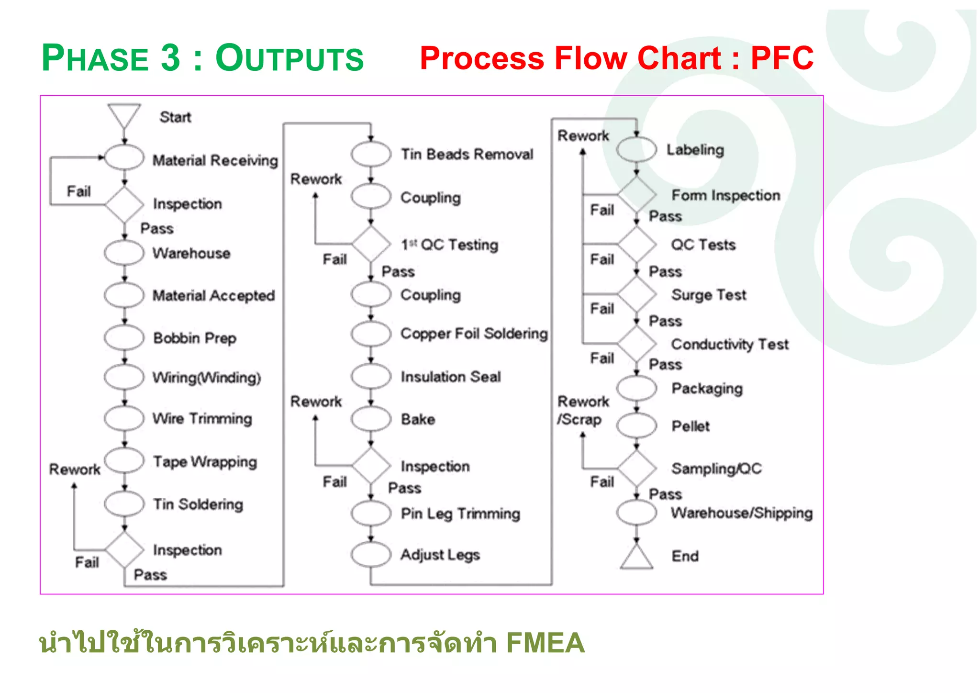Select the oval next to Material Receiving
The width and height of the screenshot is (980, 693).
pos(124,157)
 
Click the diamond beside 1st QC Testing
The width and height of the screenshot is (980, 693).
pos(371,244)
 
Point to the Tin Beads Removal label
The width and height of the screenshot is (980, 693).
pos(467,154)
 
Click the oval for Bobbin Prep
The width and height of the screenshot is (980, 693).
pos(124,337)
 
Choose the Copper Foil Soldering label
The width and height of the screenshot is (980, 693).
pos(474,333)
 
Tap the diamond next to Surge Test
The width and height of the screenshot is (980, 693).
pos(636,294)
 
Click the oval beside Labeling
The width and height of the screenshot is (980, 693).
pos(636,149)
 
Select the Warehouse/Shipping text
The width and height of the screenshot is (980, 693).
pos(741,513)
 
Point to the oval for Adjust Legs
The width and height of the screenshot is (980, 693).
pos(371,554)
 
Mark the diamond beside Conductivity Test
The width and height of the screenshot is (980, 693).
pos(636,344)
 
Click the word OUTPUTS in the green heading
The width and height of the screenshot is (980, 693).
pos(290,58)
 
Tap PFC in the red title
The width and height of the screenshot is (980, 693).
pos(782,58)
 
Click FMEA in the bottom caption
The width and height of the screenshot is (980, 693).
pos(545,642)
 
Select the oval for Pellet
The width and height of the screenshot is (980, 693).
pos(636,425)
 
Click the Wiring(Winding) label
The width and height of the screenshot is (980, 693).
pos(206,377)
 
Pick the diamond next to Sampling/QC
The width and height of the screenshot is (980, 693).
pos(636,468)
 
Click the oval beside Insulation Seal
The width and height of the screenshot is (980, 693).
pos(371,376)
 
